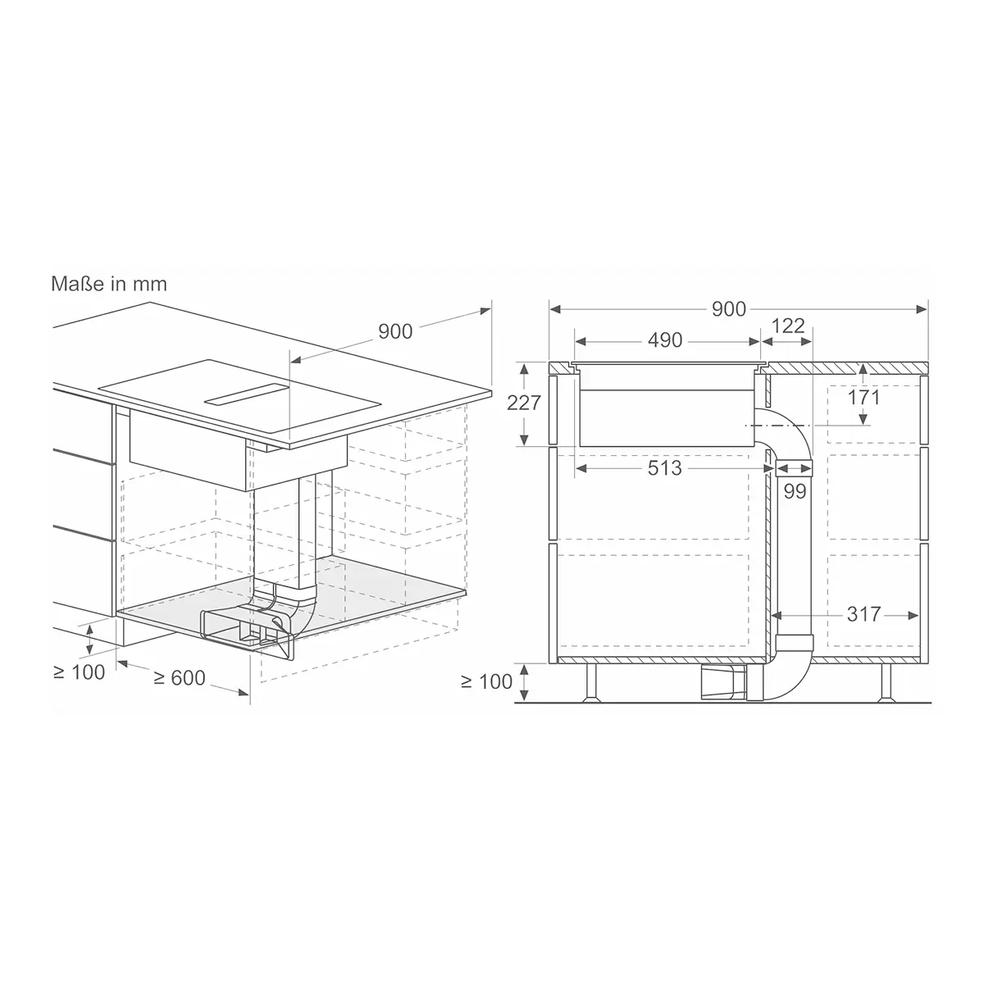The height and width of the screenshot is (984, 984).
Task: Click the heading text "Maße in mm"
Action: tap(109, 284)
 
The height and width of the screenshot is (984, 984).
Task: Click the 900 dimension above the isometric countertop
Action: tap(395, 331)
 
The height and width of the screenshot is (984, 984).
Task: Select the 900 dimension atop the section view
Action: tap(729, 309)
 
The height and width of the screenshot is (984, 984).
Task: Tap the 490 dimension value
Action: tap(665, 340)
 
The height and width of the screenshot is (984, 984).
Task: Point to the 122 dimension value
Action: tap(788, 326)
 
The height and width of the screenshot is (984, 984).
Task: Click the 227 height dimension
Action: tap(523, 403)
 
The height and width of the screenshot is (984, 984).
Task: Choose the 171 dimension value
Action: tap(864, 397)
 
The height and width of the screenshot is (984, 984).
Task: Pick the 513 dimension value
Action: tap(664, 467)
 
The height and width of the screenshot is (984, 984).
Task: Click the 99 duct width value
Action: tap(795, 491)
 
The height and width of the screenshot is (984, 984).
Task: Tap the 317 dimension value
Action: tap(864, 614)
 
